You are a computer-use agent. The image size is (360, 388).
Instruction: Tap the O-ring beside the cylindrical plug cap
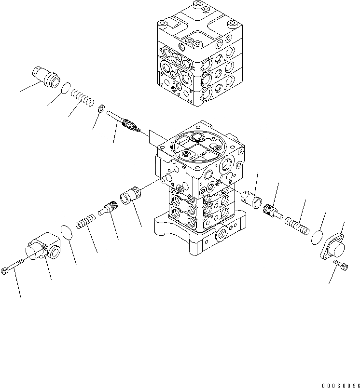pos(65,88)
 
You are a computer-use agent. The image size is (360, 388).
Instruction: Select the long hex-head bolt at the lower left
pos(13,267)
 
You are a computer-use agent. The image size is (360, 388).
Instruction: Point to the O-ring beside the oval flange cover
pos(316,237)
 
